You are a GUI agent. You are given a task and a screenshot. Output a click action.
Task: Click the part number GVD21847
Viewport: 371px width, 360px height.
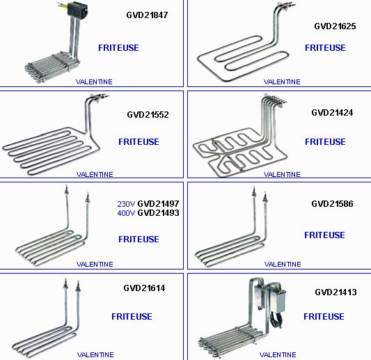[x=147, y=15]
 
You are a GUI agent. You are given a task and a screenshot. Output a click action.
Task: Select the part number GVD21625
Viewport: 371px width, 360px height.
[x=335, y=26]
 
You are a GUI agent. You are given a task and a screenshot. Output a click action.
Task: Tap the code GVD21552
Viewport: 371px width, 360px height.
[x=148, y=115]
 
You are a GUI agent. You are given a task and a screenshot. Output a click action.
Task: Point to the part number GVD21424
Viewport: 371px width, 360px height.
[x=332, y=113]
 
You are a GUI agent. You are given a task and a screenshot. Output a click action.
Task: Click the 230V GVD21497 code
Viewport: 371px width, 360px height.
[x=148, y=204]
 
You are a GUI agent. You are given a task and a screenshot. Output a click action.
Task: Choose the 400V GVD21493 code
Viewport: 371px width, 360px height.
[x=148, y=213]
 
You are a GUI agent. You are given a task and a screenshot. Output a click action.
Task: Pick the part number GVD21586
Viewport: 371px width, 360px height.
[x=332, y=204]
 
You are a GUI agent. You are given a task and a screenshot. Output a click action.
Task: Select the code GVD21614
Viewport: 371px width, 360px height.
[x=144, y=288]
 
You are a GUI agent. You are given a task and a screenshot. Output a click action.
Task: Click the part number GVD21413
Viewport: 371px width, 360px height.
[x=336, y=292]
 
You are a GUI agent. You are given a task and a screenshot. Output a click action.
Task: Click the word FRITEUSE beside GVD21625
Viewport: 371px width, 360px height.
[x=325, y=48]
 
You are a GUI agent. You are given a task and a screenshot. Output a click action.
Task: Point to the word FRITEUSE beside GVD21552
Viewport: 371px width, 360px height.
[x=139, y=142]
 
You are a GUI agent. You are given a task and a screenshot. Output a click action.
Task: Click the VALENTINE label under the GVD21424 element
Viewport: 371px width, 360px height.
[x=282, y=175]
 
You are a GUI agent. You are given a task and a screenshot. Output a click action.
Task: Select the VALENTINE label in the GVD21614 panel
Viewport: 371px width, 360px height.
[x=95, y=355]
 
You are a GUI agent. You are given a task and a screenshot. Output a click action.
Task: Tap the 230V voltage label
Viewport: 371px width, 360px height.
[x=126, y=204]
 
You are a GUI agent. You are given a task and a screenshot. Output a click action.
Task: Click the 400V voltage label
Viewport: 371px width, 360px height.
[x=126, y=213]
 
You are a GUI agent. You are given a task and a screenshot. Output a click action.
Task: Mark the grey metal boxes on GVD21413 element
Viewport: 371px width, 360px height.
[x=270, y=297]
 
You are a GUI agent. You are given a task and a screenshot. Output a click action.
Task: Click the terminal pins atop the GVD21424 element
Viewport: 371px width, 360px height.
[x=276, y=99]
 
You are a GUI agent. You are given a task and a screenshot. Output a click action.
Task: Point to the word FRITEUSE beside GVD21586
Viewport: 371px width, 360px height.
[x=324, y=235]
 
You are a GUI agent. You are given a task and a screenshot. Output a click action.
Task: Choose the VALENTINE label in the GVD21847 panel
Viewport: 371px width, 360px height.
[x=94, y=82]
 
